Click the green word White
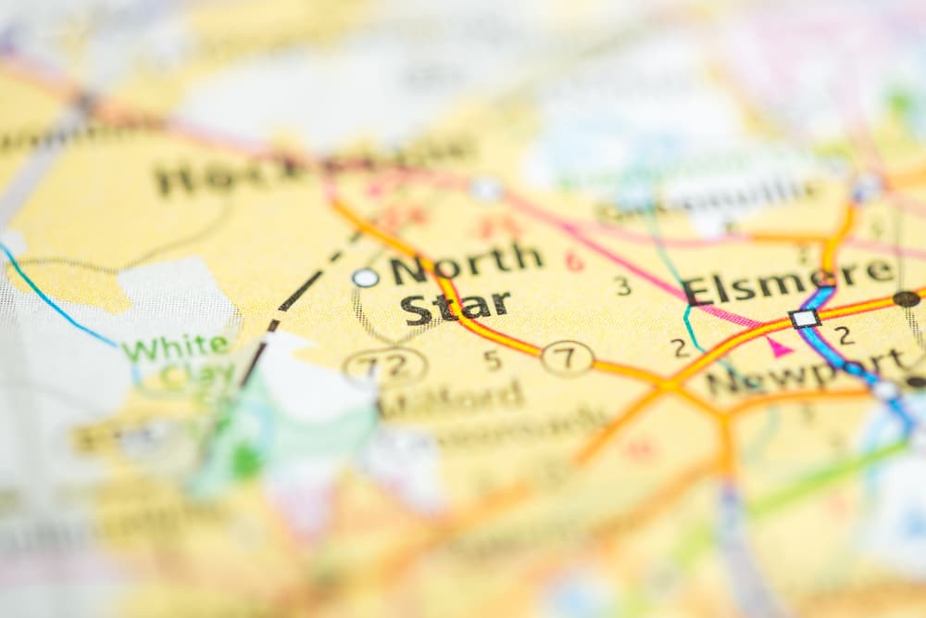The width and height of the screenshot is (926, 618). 177,347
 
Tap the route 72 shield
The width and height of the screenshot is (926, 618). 384,365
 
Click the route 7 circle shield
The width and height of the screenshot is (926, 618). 567,358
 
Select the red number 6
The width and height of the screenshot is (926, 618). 575,261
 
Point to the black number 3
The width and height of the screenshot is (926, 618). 623,285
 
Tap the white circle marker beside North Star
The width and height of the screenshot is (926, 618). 365,277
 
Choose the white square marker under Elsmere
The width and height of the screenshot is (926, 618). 804,319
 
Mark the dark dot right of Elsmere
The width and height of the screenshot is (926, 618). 906,298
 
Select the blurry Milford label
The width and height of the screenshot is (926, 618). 454,397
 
